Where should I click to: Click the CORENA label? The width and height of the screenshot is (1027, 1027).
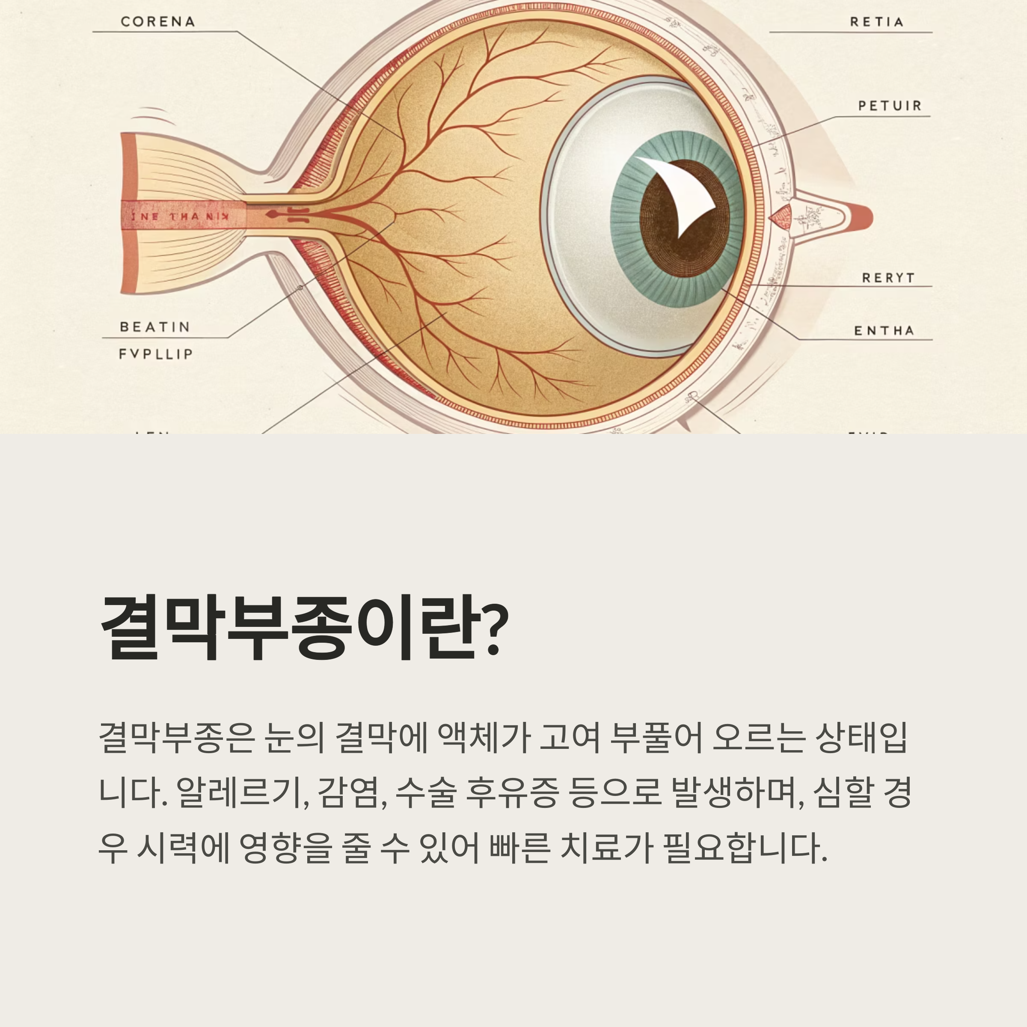tap(158, 22)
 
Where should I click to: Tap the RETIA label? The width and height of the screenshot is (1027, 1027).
tap(876, 22)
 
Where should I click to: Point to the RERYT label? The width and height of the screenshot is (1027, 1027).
tap(888, 278)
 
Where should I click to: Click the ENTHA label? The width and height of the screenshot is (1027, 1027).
tap(884, 331)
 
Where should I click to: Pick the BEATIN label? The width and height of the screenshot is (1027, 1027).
tap(154, 327)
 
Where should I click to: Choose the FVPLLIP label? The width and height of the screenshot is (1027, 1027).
tap(156, 354)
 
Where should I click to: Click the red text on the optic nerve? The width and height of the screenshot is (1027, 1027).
tap(180, 217)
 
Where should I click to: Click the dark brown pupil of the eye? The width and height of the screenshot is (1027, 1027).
tap(659, 234)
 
